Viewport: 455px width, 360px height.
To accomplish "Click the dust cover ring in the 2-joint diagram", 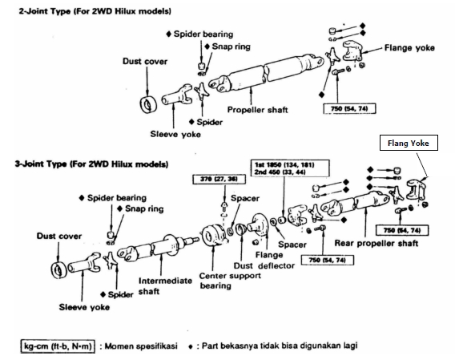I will click(149, 104).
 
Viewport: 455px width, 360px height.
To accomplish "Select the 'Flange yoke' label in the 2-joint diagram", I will click(409, 48).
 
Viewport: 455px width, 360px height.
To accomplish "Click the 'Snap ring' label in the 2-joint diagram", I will click(232, 47).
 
